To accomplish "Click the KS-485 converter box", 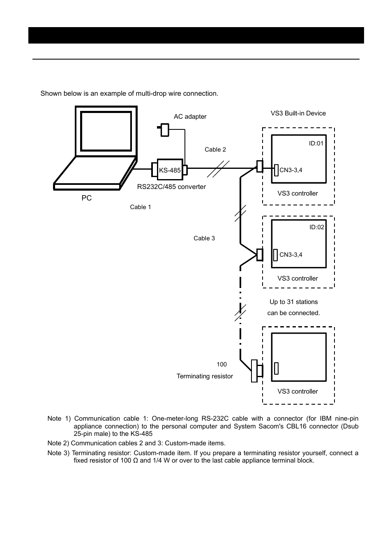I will click(170, 170).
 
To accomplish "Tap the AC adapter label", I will click(190, 117).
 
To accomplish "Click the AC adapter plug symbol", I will click(164, 130).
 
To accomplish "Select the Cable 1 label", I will click(141, 207).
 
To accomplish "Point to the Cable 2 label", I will click(215, 150).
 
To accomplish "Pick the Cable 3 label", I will click(204, 238).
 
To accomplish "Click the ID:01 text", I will click(316, 143).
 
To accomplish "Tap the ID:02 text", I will click(317, 227).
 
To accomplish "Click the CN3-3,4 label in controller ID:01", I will click(291, 170).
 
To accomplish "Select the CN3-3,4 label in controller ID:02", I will click(291, 255).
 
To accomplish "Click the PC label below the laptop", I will click(87, 198).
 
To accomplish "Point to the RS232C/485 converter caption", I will click(171, 187).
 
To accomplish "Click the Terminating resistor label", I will click(205, 376).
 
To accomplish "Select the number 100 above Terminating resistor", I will click(222, 364).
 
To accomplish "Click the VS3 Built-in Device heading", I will click(298, 113).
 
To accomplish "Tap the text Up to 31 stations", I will click(294, 302).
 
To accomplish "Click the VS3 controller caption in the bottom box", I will click(298, 391).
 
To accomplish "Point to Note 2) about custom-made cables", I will click(136, 443).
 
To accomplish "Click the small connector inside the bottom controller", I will click(277, 368).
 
